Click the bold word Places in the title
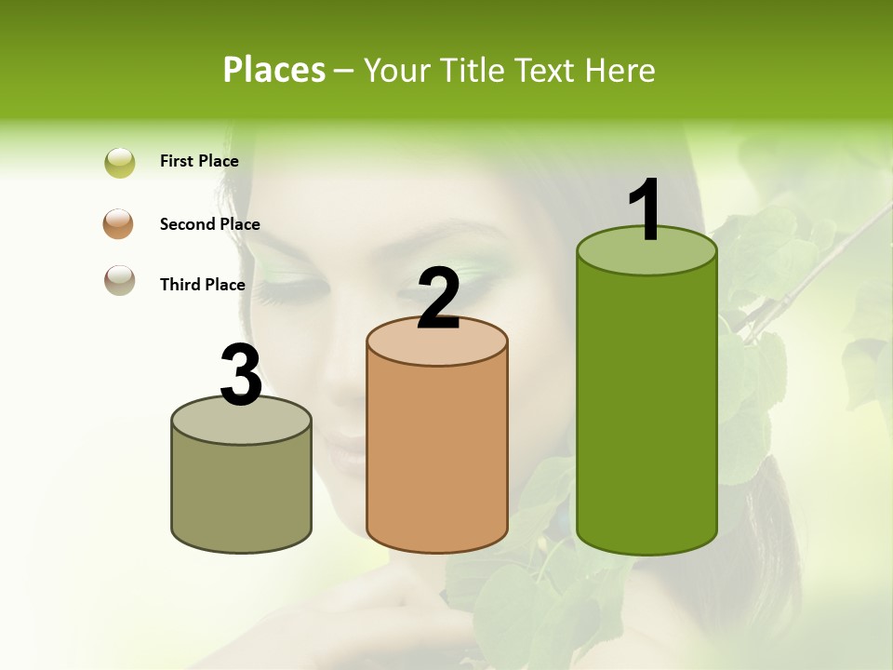point(274,70)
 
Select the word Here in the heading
point(620,70)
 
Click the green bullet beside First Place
point(120,163)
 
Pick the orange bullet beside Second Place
point(119,224)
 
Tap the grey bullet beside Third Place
point(119,280)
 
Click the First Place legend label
point(199,161)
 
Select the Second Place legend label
point(209,224)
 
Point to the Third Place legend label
point(202,285)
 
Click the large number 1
point(646,210)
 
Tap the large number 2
point(438,299)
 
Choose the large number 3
point(241,375)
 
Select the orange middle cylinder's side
point(437,456)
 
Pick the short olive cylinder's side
point(241,493)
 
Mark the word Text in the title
point(548,70)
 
